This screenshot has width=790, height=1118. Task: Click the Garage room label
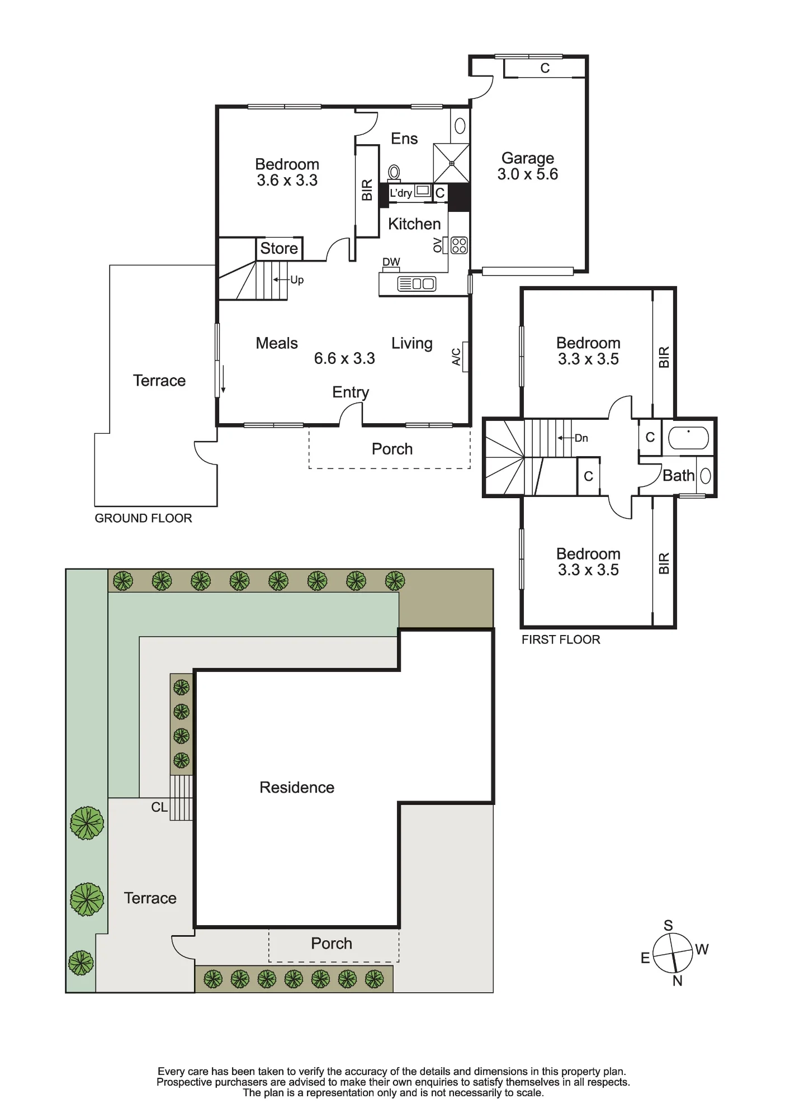click(528, 158)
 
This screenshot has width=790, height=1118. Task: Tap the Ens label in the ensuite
click(404, 139)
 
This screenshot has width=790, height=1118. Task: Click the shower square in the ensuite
click(451, 163)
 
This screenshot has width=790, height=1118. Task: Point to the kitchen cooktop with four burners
click(459, 245)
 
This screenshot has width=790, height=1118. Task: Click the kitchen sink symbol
click(417, 284)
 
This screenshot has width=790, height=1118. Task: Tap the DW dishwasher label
click(391, 262)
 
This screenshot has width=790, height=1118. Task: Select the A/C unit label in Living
click(456, 357)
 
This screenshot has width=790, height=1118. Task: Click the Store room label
click(279, 248)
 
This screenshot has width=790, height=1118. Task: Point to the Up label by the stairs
click(297, 280)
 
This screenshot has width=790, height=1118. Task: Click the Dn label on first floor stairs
click(581, 438)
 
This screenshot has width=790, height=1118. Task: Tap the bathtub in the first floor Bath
click(689, 438)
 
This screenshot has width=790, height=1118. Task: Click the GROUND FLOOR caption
click(143, 518)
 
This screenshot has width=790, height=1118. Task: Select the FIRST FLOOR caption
click(561, 639)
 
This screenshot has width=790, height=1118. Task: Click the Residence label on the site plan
click(297, 788)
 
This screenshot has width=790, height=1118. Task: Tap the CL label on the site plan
click(159, 807)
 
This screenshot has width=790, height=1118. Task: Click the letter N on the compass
click(678, 981)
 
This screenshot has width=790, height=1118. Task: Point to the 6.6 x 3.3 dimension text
click(344, 358)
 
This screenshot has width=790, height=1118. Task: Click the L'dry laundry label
click(401, 193)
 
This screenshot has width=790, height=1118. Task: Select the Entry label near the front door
click(351, 392)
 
